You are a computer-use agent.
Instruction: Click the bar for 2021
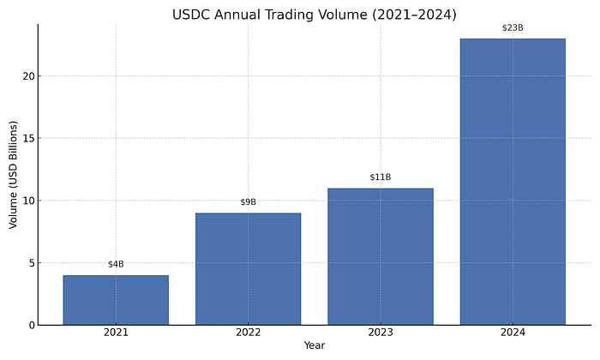pos(116,300)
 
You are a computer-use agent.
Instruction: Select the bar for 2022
pos(248,269)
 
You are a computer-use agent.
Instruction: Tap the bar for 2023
pos(380,256)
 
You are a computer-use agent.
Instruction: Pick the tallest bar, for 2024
pos(513,182)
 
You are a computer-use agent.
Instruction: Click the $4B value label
pos(116,264)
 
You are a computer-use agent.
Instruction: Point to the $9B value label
pos(248,202)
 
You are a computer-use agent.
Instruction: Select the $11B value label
pos(380,177)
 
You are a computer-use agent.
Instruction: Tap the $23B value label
pos(513,27)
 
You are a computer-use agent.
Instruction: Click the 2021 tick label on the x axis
pos(116,333)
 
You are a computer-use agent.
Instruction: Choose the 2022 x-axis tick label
pos(248,333)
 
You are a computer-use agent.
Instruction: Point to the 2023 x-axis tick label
pos(380,333)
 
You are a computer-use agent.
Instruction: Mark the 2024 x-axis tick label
pos(513,333)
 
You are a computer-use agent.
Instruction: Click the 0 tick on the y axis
pos(30,325)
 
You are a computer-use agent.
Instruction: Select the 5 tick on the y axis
pos(30,263)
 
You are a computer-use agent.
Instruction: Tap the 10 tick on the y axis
pos(27,201)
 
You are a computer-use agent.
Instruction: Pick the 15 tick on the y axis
pos(27,138)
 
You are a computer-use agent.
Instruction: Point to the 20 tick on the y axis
pos(27,76)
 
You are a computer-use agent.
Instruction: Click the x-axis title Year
pos(315,346)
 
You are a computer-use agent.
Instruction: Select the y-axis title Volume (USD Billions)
pos(13,174)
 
